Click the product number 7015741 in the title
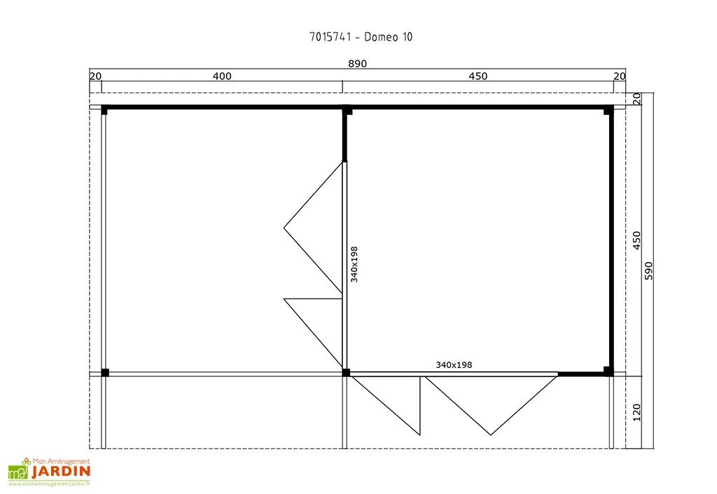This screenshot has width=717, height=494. (330, 36)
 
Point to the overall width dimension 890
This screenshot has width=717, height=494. (357, 64)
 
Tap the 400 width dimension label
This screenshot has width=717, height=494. (222, 76)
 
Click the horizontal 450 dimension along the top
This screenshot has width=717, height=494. (478, 76)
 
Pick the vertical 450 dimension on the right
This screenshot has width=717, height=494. (636, 240)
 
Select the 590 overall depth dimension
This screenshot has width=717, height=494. (648, 270)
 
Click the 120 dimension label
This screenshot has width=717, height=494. (636, 413)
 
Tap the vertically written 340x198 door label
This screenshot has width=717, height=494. (354, 264)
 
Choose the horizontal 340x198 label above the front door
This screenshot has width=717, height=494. (454, 364)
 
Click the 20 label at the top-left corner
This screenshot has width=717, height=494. (95, 76)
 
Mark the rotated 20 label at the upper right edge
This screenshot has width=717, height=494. (636, 98)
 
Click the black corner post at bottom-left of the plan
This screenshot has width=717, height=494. (105, 372)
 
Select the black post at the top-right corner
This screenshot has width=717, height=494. (608, 110)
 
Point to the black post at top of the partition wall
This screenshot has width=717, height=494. (347, 110)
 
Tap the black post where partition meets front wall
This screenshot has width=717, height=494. (346, 372)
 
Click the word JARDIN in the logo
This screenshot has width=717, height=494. (61, 471)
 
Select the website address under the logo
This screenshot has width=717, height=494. (50, 483)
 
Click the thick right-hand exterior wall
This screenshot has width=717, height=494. (611, 240)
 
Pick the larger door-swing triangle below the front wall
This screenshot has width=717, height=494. (492, 405)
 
